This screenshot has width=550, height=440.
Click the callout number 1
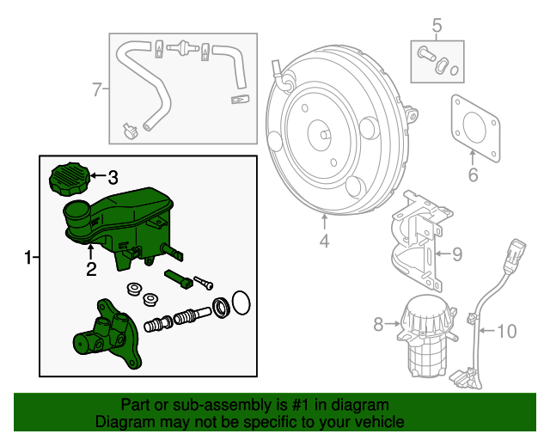pos(28,257)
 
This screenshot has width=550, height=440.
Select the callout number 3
pos(112,178)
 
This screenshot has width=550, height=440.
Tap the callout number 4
pos(324,241)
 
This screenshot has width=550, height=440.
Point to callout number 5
pos(436,26)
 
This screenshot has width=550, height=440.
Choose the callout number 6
pos(472,176)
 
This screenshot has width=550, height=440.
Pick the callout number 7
pos(97,88)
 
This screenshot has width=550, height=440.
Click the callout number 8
pos(377,324)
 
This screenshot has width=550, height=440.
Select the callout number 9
pos(457,253)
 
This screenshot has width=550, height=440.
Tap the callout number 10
pos(507,330)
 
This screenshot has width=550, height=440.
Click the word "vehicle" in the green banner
pos(378,422)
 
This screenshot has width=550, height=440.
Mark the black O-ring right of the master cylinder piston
pos(241,302)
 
